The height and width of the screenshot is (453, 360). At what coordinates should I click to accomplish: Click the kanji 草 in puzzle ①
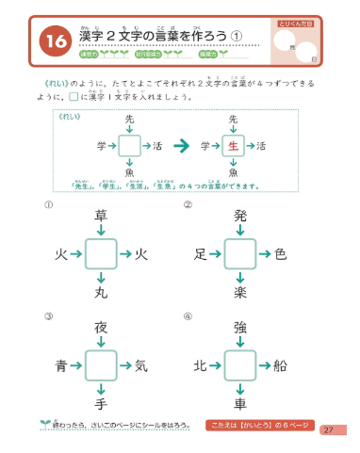(102, 217)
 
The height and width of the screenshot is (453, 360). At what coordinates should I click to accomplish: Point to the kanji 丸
(102, 293)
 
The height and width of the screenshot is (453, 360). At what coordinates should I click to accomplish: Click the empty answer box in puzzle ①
(102, 254)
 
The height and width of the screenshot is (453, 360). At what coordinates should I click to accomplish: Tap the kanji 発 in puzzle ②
(241, 217)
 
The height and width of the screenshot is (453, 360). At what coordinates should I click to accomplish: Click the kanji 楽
(241, 293)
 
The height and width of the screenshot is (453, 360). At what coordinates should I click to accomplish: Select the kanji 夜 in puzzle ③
(102, 328)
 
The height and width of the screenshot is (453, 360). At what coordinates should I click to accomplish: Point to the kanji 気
(141, 365)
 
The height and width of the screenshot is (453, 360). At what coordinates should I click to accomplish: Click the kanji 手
(102, 404)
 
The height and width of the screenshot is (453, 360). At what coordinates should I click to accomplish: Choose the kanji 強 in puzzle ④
(241, 328)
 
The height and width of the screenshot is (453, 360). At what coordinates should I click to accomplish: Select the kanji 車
(241, 404)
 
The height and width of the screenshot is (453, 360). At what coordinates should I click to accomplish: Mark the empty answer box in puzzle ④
(241, 365)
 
